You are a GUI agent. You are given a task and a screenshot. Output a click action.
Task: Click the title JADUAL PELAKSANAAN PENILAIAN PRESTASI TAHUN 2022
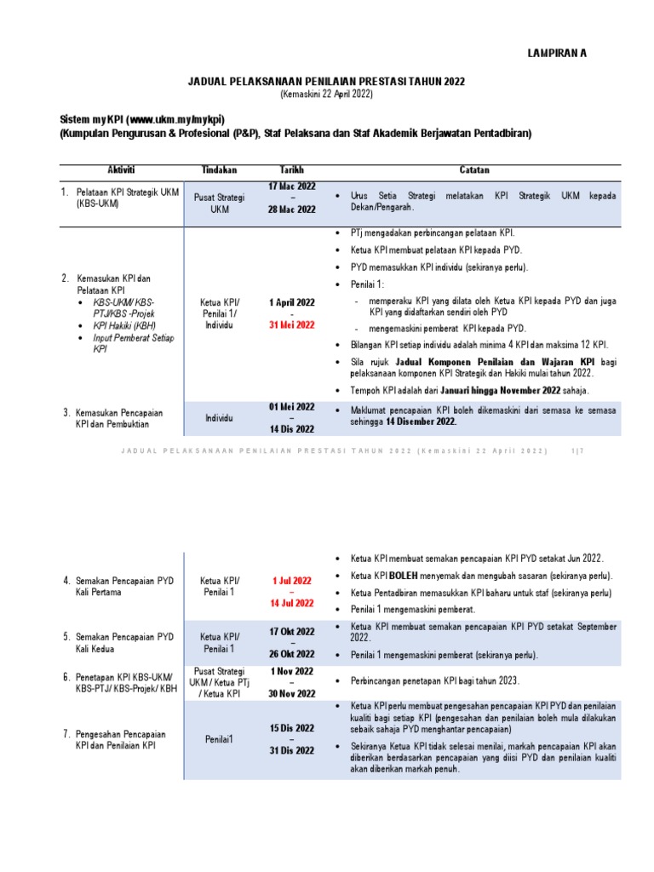[326, 81]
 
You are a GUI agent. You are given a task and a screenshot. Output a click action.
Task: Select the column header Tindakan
[220, 170]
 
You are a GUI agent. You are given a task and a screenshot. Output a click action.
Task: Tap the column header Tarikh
[291, 170]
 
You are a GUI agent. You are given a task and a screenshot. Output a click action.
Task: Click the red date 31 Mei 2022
[291, 324]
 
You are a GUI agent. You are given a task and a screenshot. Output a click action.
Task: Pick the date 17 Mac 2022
[291, 186]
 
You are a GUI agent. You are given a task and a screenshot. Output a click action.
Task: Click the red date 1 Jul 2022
[291, 581]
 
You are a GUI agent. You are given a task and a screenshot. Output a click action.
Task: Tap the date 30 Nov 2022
[291, 694]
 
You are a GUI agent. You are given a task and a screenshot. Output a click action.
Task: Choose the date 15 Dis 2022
[291, 728]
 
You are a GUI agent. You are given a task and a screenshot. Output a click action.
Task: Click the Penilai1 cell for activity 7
[220, 740]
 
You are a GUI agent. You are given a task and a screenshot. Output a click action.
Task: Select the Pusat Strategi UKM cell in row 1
[220, 203]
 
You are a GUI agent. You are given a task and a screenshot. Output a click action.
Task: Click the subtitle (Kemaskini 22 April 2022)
[326, 95]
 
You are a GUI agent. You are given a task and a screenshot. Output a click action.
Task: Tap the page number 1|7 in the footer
[578, 450]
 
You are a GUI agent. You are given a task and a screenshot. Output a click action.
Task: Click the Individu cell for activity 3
[220, 418]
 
